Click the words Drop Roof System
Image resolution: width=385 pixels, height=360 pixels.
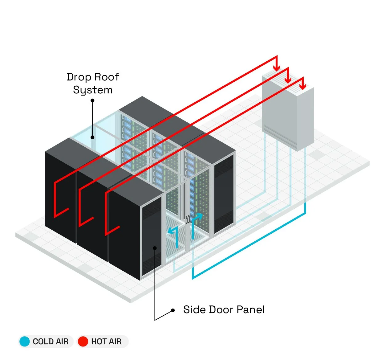point(93,83)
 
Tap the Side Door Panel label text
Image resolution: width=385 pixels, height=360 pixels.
point(224,309)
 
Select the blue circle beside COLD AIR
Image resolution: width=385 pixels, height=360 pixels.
point(25,342)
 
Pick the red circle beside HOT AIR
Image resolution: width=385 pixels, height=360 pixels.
point(83,342)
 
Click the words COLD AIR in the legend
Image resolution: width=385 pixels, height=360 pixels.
point(51,342)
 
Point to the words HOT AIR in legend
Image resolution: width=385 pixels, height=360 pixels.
point(106,342)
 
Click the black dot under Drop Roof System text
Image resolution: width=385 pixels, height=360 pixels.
point(92,100)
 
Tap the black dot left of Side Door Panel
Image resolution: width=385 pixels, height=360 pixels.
point(173,310)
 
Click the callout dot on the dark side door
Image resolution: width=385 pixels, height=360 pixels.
point(155,247)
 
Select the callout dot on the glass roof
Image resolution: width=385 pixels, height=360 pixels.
point(92,137)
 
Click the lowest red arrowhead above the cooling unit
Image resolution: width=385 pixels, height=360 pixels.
point(302,86)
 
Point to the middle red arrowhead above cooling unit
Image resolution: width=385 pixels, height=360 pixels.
point(288,80)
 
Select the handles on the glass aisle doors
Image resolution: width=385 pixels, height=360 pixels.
point(187,219)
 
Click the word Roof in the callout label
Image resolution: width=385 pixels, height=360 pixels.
point(106,77)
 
